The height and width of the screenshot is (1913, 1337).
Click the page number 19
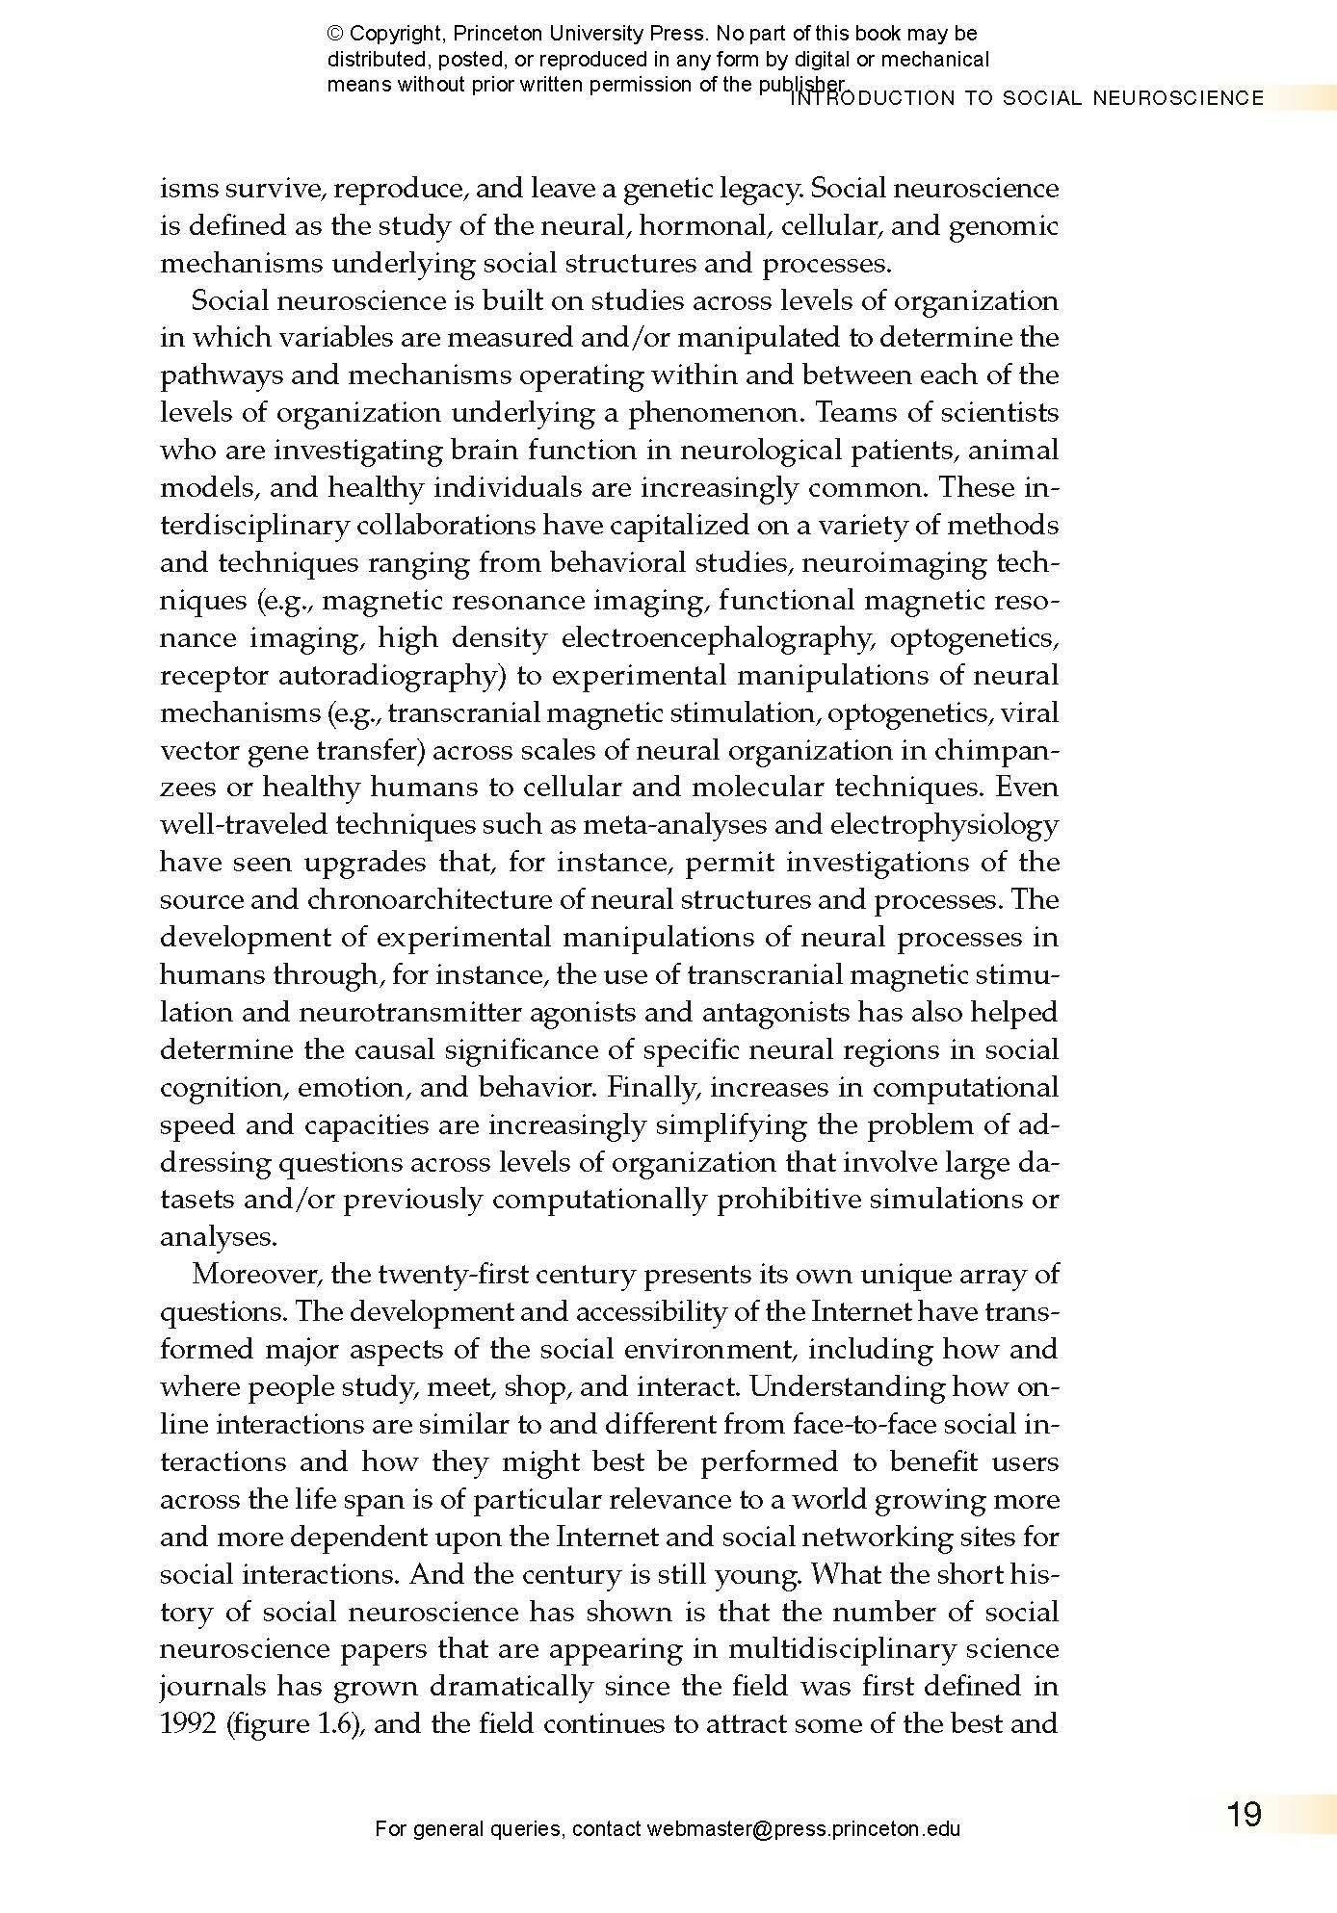coord(1244,1815)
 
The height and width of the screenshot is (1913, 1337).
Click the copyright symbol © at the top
coord(335,35)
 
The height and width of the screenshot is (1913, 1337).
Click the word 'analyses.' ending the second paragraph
coord(218,1237)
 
